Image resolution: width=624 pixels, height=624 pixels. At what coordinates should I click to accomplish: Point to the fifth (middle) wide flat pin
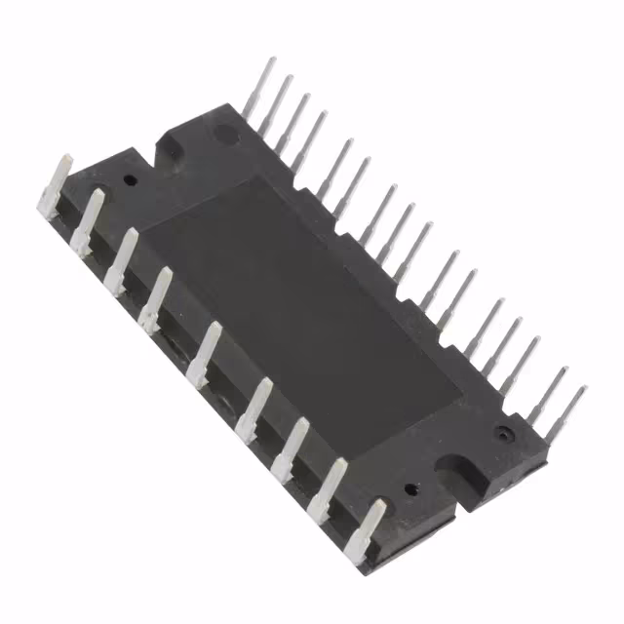(x=208, y=352)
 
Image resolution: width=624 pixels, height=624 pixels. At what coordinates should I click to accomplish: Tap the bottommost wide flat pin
(x=369, y=527)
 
